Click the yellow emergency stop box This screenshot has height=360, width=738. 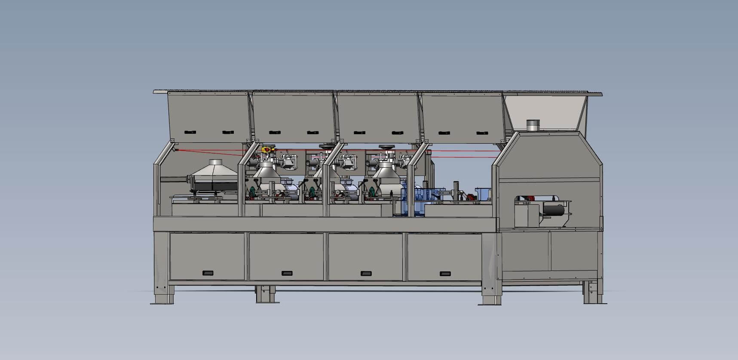point(267,149)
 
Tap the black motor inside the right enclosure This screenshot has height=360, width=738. point(553,209)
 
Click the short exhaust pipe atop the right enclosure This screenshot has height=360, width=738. point(533,125)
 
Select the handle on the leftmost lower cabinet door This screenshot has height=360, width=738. point(208,273)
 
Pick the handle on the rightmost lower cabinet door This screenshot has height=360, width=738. point(445,273)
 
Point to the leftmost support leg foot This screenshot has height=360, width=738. point(162,302)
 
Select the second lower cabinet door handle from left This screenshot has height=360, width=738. point(287,273)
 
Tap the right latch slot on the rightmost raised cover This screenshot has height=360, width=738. point(482,133)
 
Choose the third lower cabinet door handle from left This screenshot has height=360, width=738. point(366,273)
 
